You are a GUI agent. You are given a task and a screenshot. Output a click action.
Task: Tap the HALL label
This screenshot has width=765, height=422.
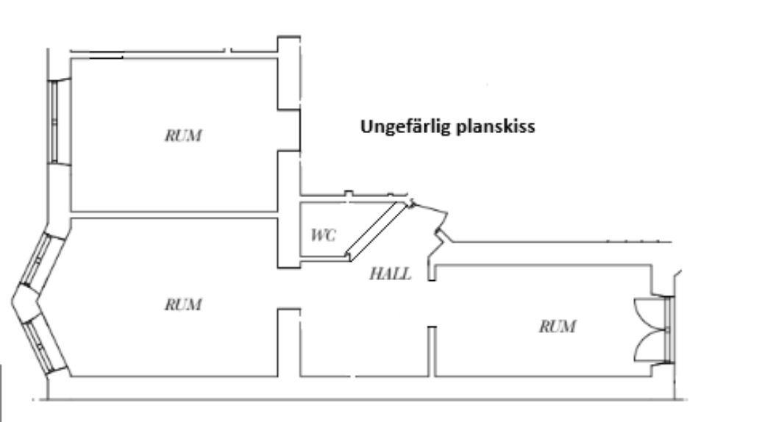coord(390,274)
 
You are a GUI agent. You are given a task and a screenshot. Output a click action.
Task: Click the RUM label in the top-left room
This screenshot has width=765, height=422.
coord(184,136)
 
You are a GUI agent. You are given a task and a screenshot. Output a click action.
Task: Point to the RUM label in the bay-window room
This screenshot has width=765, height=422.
coord(183,304)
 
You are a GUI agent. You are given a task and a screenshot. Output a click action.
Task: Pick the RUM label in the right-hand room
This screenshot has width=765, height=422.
coord(557,326)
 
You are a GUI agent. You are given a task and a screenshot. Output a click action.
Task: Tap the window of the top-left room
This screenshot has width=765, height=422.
coord(53,121)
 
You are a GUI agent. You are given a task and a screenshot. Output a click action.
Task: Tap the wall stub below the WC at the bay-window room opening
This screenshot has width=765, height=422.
coord(288,342)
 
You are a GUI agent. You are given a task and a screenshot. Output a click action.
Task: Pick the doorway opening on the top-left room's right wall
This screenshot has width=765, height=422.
coord(289,130)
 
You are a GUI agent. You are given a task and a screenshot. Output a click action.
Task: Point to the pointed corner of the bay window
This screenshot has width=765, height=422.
coord(15,301)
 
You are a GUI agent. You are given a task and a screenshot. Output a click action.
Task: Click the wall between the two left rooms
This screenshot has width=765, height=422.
coord(173,215)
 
